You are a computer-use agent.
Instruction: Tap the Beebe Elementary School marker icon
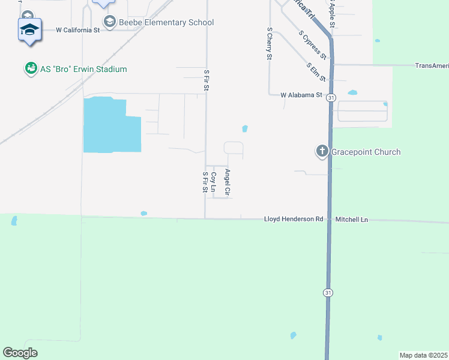(x=109, y=23)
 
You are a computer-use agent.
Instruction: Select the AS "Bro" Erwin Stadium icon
(x=30, y=69)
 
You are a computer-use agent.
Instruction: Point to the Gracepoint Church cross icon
(x=322, y=152)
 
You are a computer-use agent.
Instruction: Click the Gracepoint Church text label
(x=366, y=152)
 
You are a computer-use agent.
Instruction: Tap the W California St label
(x=77, y=29)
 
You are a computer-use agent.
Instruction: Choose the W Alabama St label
(x=301, y=95)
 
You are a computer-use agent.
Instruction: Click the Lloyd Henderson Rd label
(x=294, y=220)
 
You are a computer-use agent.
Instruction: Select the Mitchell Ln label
(x=352, y=220)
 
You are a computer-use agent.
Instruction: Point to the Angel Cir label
(x=228, y=182)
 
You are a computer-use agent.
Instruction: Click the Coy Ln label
(x=213, y=182)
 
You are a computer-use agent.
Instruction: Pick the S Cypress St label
(x=312, y=44)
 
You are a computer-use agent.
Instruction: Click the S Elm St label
(x=316, y=72)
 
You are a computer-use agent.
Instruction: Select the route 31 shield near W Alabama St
(x=331, y=97)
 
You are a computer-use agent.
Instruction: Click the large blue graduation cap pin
(x=30, y=29)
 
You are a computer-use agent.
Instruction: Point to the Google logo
(x=20, y=353)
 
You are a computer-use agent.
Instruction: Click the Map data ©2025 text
(x=423, y=355)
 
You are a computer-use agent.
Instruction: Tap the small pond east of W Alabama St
(x=352, y=93)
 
